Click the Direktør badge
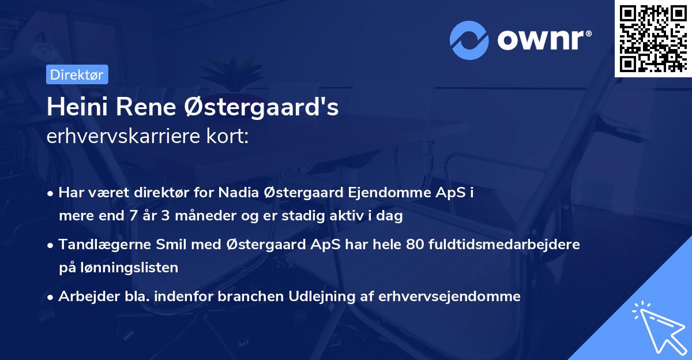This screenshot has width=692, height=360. (x=77, y=74)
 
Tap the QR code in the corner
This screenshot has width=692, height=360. (x=653, y=38)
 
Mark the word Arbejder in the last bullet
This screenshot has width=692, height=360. (x=84, y=297)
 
